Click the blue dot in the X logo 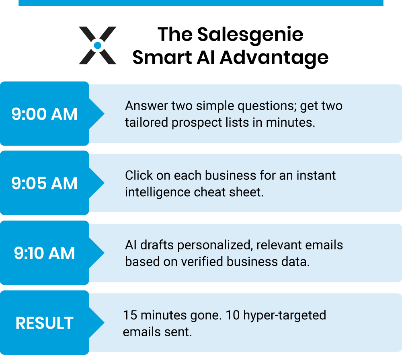point(97,45)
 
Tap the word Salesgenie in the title point(250,35)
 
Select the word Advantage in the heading point(274,58)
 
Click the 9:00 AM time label point(44,114)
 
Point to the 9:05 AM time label point(44,183)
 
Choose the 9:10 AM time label point(44,253)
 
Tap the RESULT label point(44,323)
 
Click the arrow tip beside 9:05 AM point(104,183)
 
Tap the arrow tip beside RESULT point(104,323)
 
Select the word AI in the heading point(205,57)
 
